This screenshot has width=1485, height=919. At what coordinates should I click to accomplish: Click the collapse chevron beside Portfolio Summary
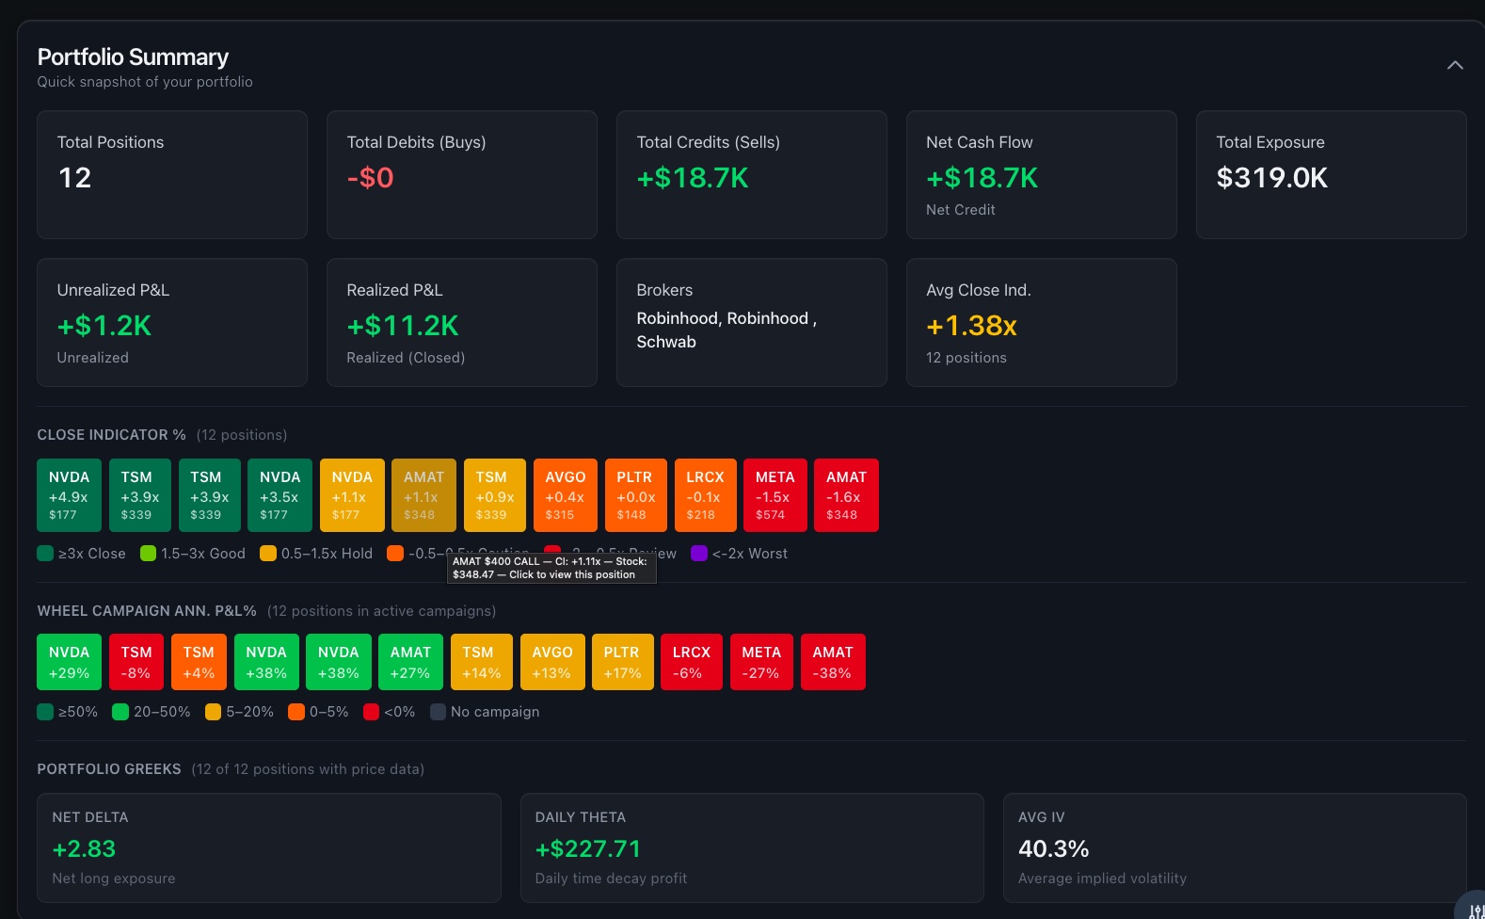click(x=1455, y=65)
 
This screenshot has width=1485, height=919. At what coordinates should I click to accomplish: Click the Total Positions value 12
click(x=75, y=178)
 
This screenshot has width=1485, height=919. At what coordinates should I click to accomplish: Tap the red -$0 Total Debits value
click(x=370, y=178)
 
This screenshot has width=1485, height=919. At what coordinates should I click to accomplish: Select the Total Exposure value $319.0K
click(x=1271, y=178)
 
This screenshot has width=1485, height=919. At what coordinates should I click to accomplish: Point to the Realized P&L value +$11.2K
click(x=403, y=326)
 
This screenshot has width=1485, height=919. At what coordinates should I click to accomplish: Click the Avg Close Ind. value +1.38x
click(x=971, y=326)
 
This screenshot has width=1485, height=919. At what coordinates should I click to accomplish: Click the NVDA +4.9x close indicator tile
click(x=69, y=495)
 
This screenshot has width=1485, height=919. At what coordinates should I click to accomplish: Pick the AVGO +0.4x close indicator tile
click(x=565, y=495)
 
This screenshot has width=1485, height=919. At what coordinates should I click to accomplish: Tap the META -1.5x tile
click(x=774, y=495)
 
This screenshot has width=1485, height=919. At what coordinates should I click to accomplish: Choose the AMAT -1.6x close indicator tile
click(x=846, y=495)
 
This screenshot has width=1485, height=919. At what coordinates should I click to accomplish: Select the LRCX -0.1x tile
click(x=705, y=495)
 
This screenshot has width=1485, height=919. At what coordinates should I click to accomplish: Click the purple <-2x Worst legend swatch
click(x=699, y=554)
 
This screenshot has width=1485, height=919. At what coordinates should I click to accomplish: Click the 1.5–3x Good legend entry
click(x=193, y=554)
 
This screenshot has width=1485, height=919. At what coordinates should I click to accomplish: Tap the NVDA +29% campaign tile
click(x=69, y=662)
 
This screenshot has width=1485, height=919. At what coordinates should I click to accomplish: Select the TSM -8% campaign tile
click(x=136, y=662)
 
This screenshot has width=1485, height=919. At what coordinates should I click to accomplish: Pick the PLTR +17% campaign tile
click(x=622, y=662)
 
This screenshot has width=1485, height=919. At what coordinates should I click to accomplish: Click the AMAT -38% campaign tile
click(x=833, y=662)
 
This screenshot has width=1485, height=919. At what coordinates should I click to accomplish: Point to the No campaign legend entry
click(x=485, y=712)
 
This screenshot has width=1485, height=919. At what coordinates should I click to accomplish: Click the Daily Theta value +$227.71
click(x=588, y=849)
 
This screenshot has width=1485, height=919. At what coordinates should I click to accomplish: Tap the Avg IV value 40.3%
click(x=1053, y=849)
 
